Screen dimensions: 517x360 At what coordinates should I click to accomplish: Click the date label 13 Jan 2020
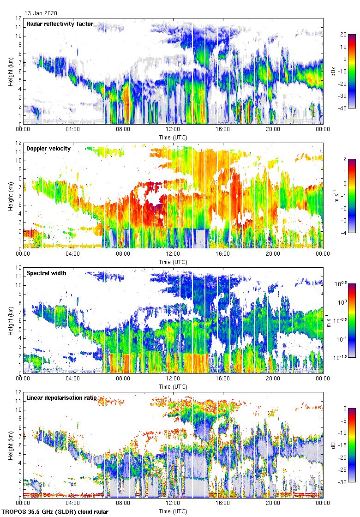[41, 13]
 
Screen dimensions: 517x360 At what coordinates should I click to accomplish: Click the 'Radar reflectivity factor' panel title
[60, 24]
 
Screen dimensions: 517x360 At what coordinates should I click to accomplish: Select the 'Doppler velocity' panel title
[48, 148]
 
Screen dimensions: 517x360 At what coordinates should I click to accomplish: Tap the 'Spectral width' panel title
[46, 273]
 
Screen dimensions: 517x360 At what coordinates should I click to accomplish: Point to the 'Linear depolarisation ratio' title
[61, 397]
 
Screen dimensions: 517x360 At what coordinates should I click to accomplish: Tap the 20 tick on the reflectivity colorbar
[343, 35]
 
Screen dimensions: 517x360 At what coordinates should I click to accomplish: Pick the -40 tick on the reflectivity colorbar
[343, 108]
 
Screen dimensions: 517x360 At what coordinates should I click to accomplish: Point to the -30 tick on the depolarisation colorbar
[343, 482]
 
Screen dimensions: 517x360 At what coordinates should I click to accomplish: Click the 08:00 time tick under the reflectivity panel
[123, 129]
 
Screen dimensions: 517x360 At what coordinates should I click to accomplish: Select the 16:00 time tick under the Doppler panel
[223, 254]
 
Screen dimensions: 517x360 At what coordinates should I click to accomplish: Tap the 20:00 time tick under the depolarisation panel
[273, 503]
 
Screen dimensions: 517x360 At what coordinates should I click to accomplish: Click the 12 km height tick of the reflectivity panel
[19, 18]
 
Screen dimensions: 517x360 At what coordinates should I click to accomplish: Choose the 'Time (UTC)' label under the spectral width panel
[173, 386]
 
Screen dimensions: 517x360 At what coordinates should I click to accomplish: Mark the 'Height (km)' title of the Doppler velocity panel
[10, 196]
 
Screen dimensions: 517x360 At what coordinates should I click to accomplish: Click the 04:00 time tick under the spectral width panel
[73, 379]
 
